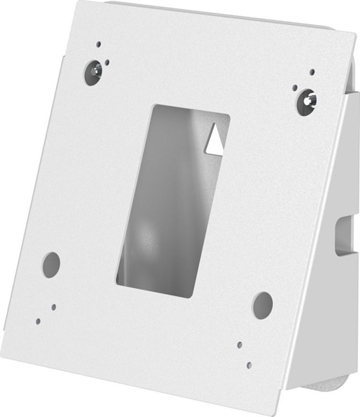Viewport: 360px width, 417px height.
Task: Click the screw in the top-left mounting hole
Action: pos(93,73)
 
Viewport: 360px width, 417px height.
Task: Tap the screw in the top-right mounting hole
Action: pos(306,99)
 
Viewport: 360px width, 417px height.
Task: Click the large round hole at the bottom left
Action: pos(51,264)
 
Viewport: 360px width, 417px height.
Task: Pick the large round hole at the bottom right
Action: pos(262,304)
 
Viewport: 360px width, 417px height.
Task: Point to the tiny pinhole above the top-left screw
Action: pos(98,45)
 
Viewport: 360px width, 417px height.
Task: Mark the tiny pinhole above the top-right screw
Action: pos(311,73)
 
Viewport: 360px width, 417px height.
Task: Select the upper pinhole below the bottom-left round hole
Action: pos(54,307)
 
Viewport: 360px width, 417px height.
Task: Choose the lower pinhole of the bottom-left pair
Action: pos(38,321)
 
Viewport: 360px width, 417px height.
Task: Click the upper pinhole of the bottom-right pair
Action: pos(239,344)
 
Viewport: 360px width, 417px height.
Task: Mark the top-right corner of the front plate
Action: pos(339,33)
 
